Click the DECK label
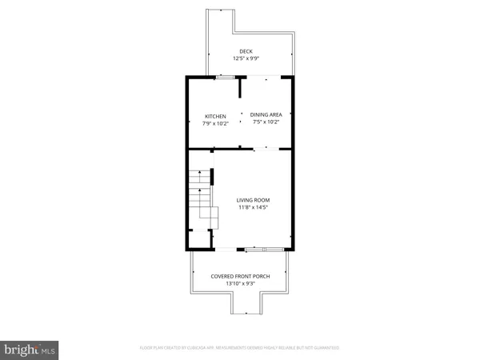246,51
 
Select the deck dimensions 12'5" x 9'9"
246,58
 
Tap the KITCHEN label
215,116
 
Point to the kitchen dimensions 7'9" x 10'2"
215,123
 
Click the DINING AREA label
266,114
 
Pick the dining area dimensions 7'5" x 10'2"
266,122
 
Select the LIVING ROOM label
252,200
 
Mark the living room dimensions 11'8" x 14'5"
252,208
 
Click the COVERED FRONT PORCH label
240,277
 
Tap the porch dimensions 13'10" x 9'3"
240,284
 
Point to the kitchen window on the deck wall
226,77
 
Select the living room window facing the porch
264,250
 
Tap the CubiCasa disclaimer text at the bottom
240,348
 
